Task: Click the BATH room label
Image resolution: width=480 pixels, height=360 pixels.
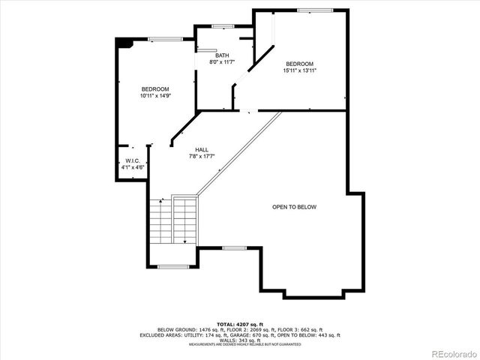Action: click(x=222, y=55)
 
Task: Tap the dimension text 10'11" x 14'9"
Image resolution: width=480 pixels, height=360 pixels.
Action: click(x=155, y=96)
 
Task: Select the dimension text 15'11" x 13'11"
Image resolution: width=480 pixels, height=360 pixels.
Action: click(x=298, y=70)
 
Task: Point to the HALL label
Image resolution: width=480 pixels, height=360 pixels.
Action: click(x=202, y=149)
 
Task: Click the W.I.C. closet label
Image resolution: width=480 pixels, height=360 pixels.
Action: click(x=133, y=160)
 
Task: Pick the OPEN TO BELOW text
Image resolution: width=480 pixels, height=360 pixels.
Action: click(x=294, y=207)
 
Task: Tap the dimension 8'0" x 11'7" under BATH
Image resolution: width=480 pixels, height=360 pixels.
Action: click(x=222, y=62)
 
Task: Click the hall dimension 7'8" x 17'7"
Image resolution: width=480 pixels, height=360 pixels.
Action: click(x=202, y=156)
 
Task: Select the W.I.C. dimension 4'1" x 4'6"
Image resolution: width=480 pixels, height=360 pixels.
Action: click(x=133, y=167)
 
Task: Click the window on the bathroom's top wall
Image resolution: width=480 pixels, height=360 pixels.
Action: click(x=223, y=26)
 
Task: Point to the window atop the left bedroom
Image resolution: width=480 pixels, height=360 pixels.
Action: click(x=164, y=39)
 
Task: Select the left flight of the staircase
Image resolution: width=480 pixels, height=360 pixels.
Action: click(x=160, y=222)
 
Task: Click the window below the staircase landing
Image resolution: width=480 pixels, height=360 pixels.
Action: click(x=172, y=267)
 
